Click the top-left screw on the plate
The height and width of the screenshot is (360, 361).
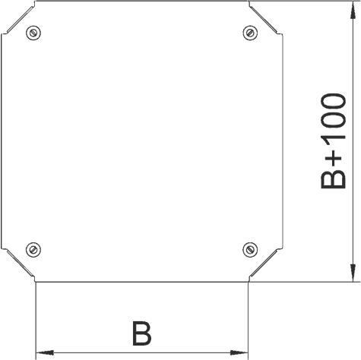click(x=33, y=33)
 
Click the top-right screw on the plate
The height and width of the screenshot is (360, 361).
click(x=250, y=33)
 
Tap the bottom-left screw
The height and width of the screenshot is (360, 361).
click(x=33, y=250)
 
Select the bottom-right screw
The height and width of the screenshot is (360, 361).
click(x=250, y=250)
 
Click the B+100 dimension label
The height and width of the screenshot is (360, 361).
click(x=333, y=141)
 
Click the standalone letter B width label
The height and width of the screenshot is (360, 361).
click(x=142, y=333)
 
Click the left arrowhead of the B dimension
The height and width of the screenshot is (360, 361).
click(x=45, y=352)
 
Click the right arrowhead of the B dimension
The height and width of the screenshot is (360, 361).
click(x=239, y=352)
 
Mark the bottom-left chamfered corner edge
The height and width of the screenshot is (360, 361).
click(x=20, y=263)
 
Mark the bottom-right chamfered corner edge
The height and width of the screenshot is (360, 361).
click(x=264, y=263)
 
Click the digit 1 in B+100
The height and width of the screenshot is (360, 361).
click(x=333, y=142)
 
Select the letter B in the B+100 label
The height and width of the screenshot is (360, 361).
click(x=333, y=179)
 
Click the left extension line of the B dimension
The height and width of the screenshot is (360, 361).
click(x=36, y=321)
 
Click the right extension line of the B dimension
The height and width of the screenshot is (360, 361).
click(x=249, y=321)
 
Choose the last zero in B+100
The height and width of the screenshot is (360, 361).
click(x=333, y=103)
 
